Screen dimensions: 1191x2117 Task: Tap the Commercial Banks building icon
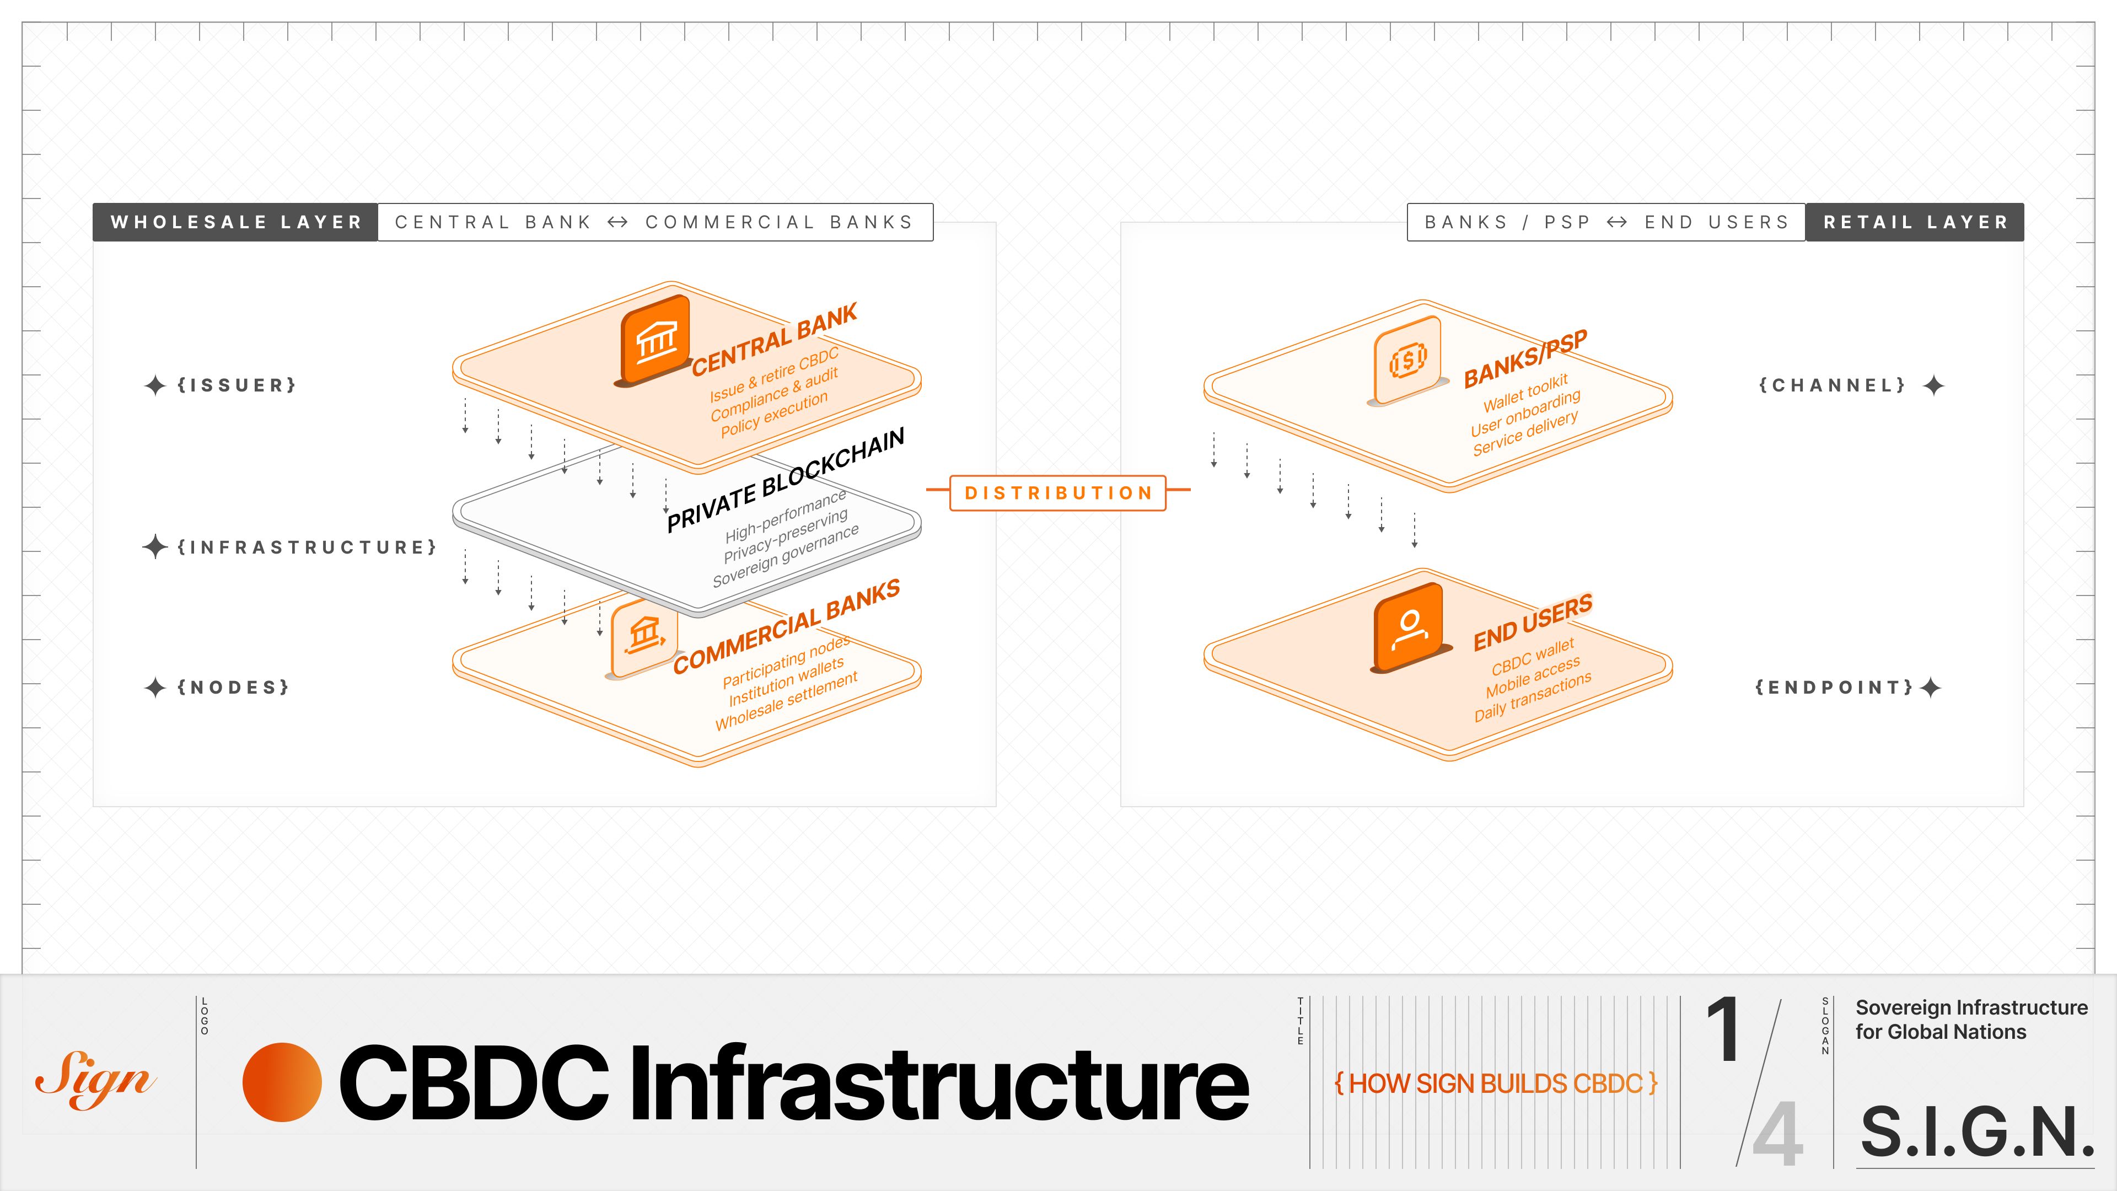pos(644,635)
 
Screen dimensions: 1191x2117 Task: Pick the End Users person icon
pos(1409,626)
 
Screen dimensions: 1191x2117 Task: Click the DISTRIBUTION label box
pos(1058,493)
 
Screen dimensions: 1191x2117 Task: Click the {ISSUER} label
pos(237,385)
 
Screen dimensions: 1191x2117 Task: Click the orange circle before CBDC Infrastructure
pos(282,1082)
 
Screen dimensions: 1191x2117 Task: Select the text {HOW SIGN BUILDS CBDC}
pos(1496,1083)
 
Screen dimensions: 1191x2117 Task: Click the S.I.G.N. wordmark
pos(1976,1132)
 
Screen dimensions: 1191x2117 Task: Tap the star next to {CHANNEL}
pos(1934,385)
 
